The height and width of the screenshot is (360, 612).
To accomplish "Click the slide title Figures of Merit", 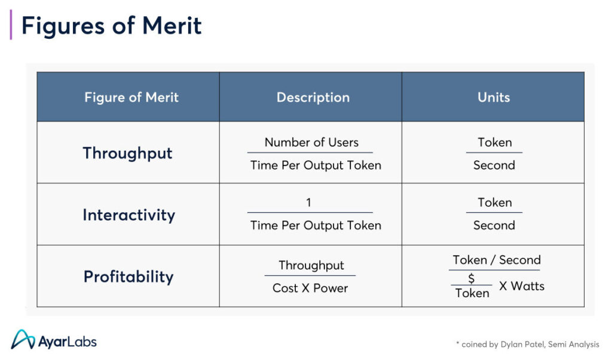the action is [x=111, y=26].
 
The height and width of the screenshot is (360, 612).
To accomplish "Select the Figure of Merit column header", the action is [x=131, y=97].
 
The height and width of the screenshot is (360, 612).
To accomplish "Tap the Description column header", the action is [x=313, y=97].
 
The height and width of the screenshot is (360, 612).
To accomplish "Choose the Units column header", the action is [x=494, y=97].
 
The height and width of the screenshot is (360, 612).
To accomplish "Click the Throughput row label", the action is [x=128, y=153].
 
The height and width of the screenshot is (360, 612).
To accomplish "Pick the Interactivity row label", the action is [x=129, y=215].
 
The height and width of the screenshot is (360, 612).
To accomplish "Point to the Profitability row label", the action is [x=128, y=276].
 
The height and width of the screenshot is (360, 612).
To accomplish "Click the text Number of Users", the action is [x=311, y=142].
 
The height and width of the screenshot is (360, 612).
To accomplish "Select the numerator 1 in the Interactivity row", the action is [x=308, y=202].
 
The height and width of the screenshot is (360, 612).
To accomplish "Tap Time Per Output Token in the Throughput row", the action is [x=316, y=165].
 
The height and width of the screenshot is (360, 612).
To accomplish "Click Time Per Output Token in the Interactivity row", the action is [x=316, y=225].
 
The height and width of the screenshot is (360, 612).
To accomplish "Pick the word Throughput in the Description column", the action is [x=311, y=266].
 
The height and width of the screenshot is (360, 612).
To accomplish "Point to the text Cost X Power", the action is [x=310, y=288].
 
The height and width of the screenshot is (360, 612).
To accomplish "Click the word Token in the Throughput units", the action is [x=494, y=142].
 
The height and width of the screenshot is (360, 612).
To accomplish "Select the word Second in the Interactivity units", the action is [x=494, y=225].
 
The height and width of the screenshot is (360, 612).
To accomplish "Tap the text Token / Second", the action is [x=497, y=260].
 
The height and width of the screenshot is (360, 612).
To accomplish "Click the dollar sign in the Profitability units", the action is [x=471, y=279].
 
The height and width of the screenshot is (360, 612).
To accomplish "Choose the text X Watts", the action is [x=522, y=286].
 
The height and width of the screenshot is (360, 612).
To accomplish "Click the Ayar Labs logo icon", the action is [x=23, y=339].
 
